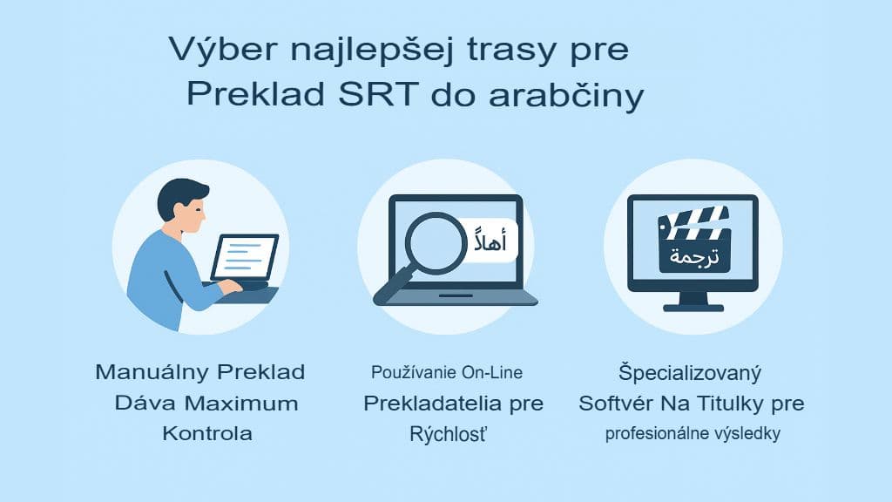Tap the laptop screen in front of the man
245,257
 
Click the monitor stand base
693,306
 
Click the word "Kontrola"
207,433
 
